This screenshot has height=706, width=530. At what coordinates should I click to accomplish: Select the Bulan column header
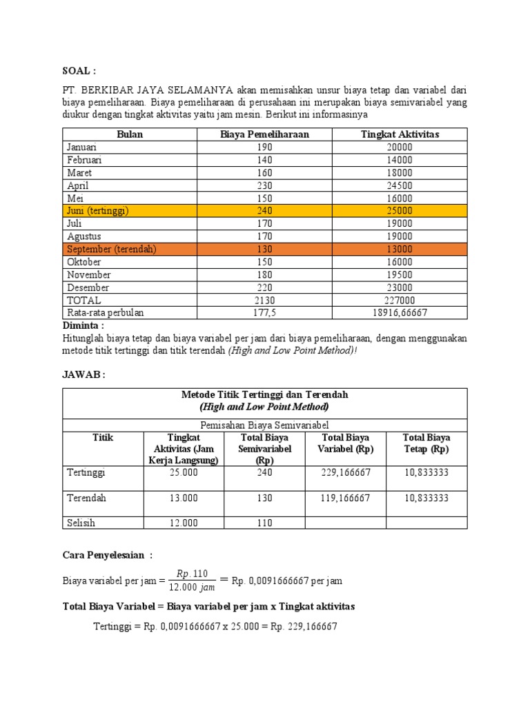pos(130,134)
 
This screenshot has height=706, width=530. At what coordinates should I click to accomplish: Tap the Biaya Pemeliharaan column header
pos(264,134)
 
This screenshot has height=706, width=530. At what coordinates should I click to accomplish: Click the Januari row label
pos(82,147)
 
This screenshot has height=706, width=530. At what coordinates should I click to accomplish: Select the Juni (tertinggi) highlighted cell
pos(97,211)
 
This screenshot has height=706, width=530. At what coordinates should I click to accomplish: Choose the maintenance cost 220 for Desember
pos(264,288)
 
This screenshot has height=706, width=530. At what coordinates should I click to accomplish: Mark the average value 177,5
pos(264,313)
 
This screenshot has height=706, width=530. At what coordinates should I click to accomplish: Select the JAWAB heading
pos(84,374)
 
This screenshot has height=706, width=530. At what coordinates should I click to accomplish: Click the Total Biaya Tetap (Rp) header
pos(426,443)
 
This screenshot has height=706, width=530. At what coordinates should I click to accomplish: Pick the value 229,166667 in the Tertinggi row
pos(346,473)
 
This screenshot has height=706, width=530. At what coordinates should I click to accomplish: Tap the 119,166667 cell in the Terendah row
pos(346,498)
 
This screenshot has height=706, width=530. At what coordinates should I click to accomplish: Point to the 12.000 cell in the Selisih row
pos(184,523)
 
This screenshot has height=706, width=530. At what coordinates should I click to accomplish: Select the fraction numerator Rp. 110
pos(193,573)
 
